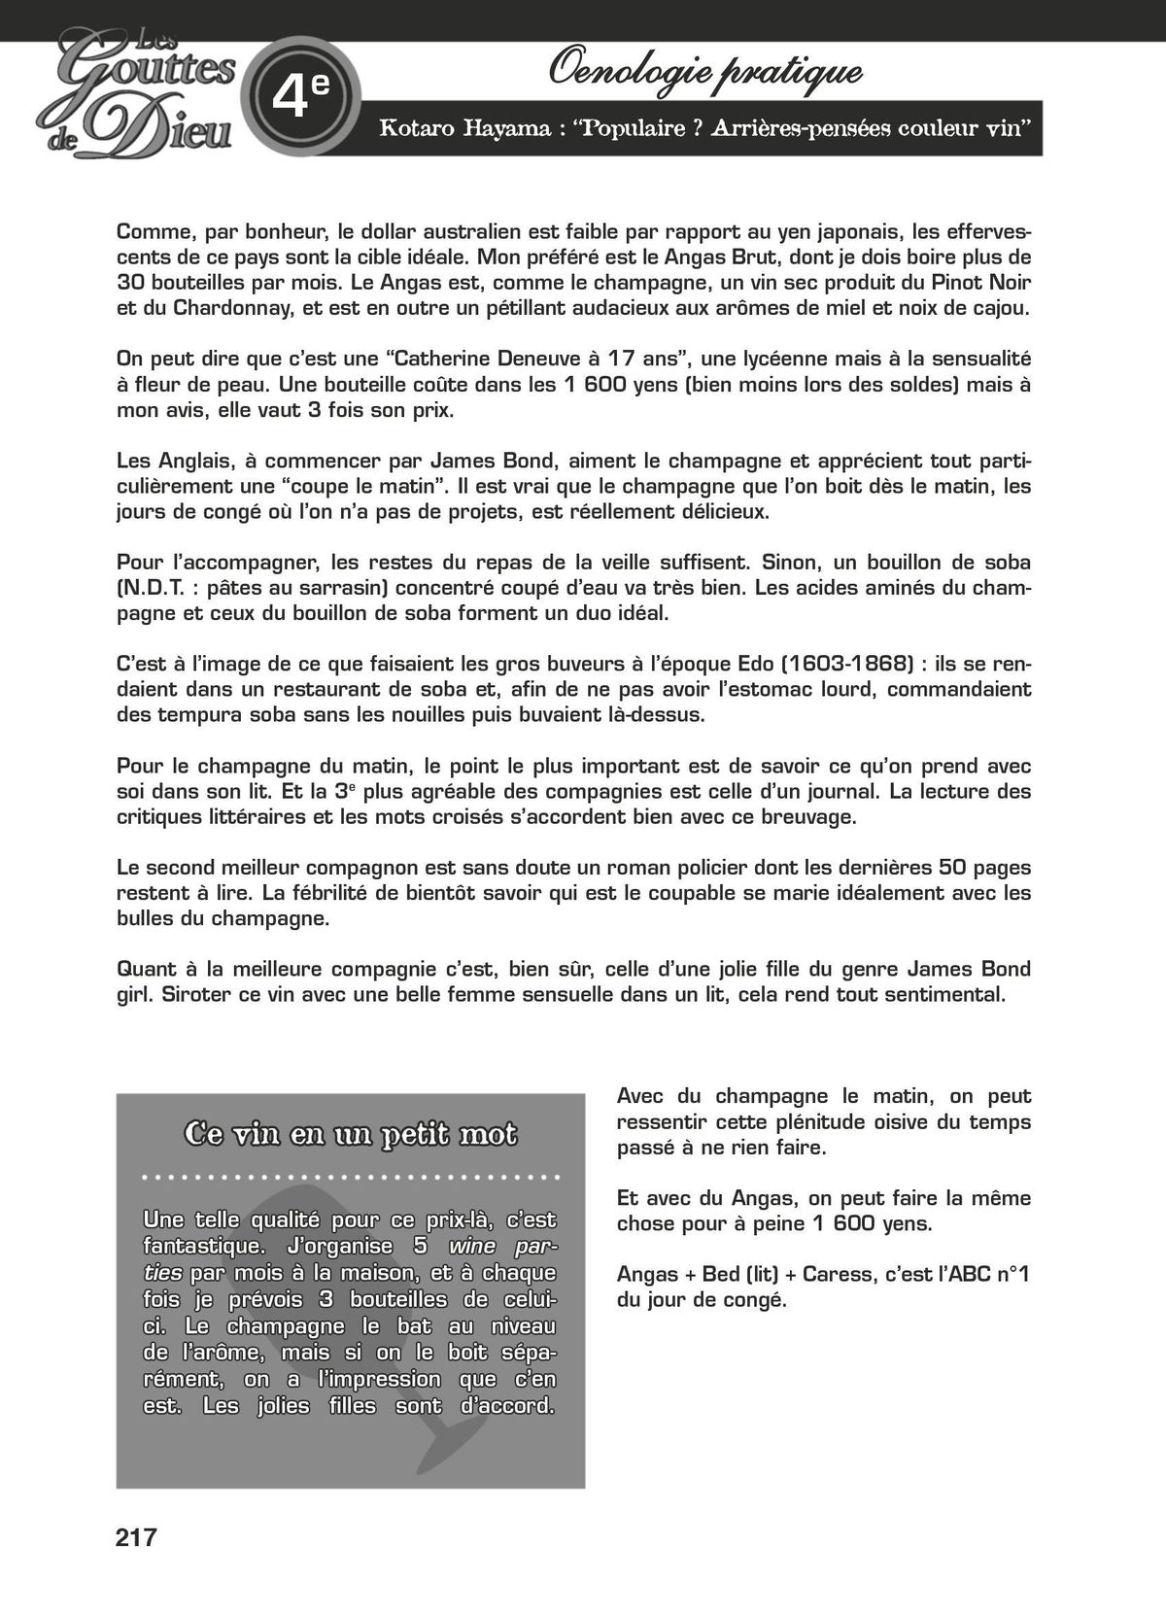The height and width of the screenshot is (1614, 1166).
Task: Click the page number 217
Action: (136, 1537)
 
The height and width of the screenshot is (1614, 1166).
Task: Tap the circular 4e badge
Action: (300, 95)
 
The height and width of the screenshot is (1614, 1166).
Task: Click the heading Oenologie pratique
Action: (705, 71)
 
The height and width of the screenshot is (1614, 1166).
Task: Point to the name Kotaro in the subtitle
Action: (415, 128)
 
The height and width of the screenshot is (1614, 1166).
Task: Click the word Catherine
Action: (447, 359)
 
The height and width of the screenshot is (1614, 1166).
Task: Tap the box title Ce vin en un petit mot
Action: (350, 1134)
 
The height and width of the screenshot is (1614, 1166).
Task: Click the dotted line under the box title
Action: (350, 1178)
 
